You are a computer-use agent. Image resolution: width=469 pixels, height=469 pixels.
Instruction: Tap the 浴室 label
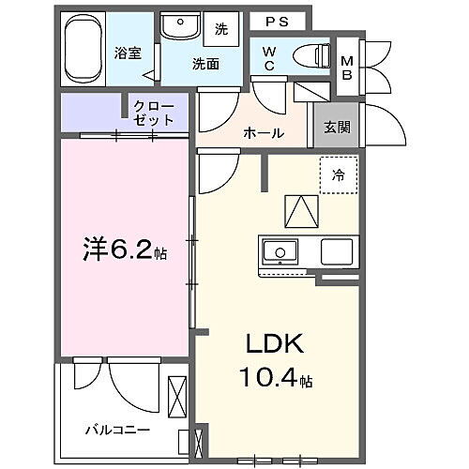[x=129, y=53]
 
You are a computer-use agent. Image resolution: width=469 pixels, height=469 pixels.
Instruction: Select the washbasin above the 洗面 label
[x=177, y=29]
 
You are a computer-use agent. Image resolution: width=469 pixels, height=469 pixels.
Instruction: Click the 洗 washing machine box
[x=221, y=29]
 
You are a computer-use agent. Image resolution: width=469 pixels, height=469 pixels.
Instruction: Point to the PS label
[x=276, y=21]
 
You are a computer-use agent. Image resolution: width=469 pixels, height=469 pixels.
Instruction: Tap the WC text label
[x=268, y=58]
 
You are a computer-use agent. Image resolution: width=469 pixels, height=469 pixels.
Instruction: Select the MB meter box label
[x=346, y=65]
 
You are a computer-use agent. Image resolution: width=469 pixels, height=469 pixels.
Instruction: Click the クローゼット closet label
[x=153, y=113]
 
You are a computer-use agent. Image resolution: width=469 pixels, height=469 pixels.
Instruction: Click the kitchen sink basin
[x=280, y=250]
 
